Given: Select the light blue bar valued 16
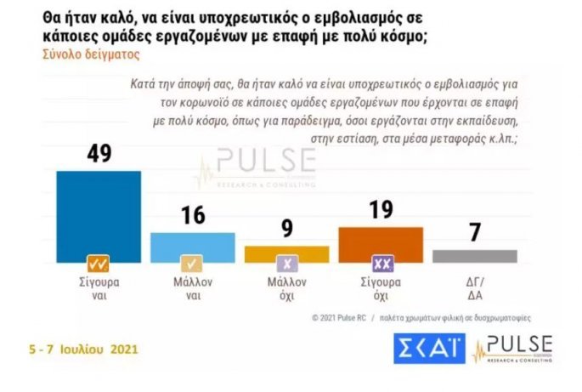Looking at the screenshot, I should pyautogui.click(x=192, y=244).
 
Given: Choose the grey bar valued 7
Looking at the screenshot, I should pyautogui.click(x=474, y=255).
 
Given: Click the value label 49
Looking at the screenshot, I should pyautogui.click(x=98, y=153).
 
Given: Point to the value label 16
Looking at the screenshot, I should pyautogui.click(x=193, y=215).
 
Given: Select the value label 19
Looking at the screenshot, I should pyautogui.click(x=380, y=210).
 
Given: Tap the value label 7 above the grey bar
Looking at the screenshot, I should pyautogui.click(x=474, y=232).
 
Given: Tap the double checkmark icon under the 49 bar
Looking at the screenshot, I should pyautogui.click(x=98, y=263).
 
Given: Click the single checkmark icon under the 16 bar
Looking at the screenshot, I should pyautogui.click(x=192, y=263).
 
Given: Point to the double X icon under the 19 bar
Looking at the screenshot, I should pyautogui.click(x=380, y=263).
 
